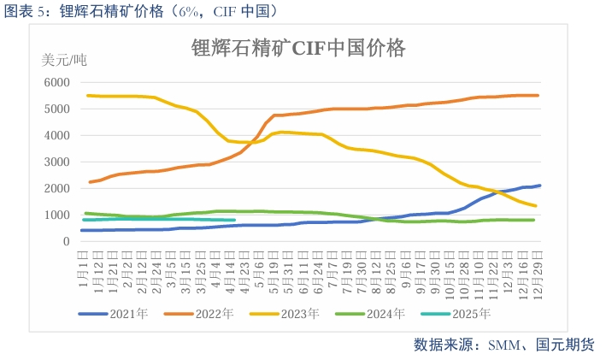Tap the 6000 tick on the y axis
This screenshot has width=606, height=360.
[55, 82]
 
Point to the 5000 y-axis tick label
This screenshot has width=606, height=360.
[55, 109]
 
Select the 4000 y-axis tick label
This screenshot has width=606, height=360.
[55, 135]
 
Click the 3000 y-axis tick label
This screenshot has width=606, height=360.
[55, 162]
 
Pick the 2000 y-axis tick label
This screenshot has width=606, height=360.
[55, 188]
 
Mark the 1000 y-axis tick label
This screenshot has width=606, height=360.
[55, 215]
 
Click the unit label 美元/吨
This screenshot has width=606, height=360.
[64, 60]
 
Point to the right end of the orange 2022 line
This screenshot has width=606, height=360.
[538, 95]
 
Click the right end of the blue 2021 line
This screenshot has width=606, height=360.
[539, 186]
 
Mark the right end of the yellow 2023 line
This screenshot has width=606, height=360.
[535, 205]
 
